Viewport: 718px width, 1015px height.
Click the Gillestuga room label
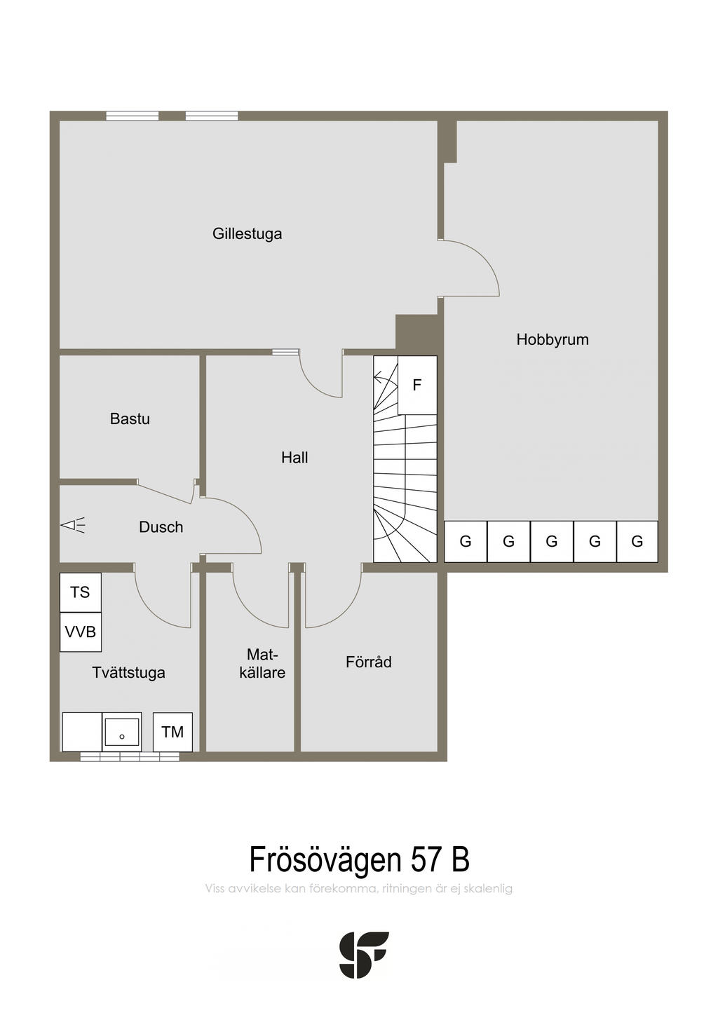tap(247, 233)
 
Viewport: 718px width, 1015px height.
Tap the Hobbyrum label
tap(552, 339)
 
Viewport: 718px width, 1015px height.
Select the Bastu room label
tap(130, 418)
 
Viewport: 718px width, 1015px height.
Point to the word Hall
tap(294, 458)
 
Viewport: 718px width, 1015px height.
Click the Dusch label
tap(161, 527)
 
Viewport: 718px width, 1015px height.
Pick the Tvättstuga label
tap(128, 673)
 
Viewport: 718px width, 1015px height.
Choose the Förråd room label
tap(368, 662)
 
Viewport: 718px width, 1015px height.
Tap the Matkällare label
tap(262, 664)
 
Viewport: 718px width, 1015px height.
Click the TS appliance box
tap(80, 592)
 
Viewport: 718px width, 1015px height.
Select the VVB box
tap(80, 632)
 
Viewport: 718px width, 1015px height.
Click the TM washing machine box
tap(172, 732)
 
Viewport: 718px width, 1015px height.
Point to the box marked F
tap(417, 385)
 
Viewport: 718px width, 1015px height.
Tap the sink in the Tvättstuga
tap(122, 732)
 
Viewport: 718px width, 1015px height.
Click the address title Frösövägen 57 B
tap(359, 859)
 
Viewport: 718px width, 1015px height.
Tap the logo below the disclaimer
tap(364, 955)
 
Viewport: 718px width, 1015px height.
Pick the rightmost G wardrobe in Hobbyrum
tap(637, 541)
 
